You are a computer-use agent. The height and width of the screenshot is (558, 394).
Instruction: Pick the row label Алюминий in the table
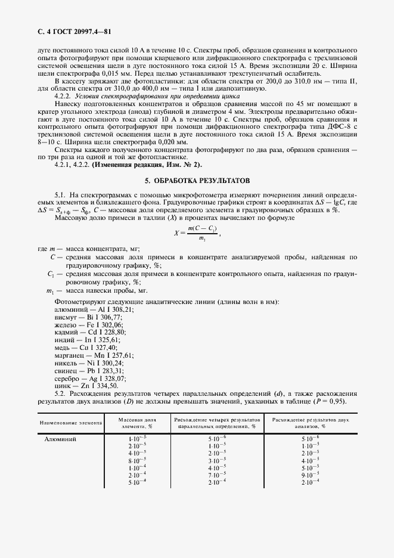tap(60, 439)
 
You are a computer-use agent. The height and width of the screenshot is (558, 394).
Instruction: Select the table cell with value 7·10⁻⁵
tap(216, 475)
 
